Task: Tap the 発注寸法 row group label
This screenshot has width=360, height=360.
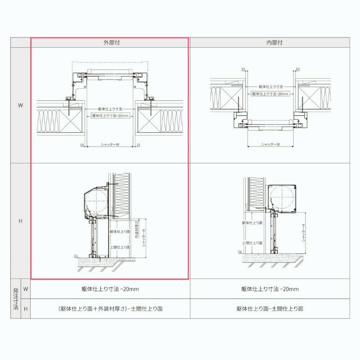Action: pos(15,299)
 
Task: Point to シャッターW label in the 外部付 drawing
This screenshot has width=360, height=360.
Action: pos(110,145)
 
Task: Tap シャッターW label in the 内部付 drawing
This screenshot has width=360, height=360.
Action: pos(270,144)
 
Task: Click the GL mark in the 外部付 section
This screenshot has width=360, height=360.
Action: pos(76,256)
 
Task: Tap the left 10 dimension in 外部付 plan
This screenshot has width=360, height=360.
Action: pos(81,145)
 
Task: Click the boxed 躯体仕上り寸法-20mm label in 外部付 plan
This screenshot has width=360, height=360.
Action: pos(110,116)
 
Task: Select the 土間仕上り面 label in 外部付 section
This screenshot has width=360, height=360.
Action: pos(120,247)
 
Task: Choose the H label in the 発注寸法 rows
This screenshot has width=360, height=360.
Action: pos(26,309)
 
